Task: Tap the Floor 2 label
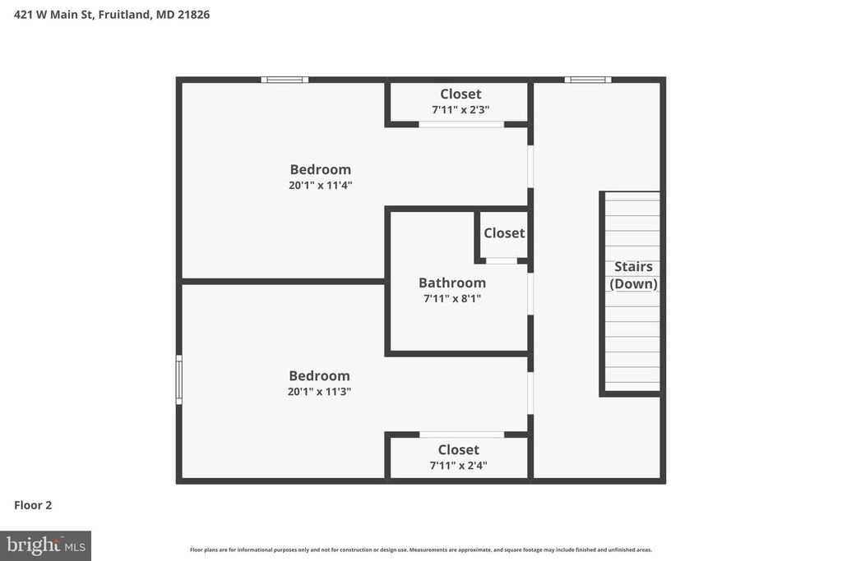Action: point(33,505)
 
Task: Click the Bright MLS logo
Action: point(45,545)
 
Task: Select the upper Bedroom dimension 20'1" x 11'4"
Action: point(320,186)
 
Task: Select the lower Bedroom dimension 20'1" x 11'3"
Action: point(319,392)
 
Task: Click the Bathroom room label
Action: point(452,283)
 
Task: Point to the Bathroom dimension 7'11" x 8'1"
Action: point(452,299)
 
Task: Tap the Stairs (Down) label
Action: point(633,275)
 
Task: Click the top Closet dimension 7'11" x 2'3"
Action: point(460,109)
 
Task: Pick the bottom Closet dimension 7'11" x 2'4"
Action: point(459,466)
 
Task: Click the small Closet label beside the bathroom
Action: point(504,233)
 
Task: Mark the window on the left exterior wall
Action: point(179,379)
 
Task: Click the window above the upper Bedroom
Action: point(285,80)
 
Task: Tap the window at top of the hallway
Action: point(588,80)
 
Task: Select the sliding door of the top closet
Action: point(461,124)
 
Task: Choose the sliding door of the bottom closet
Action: point(461,434)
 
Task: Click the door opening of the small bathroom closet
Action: point(501,260)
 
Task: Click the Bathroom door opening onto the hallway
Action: point(530,293)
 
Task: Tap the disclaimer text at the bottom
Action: point(421,550)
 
